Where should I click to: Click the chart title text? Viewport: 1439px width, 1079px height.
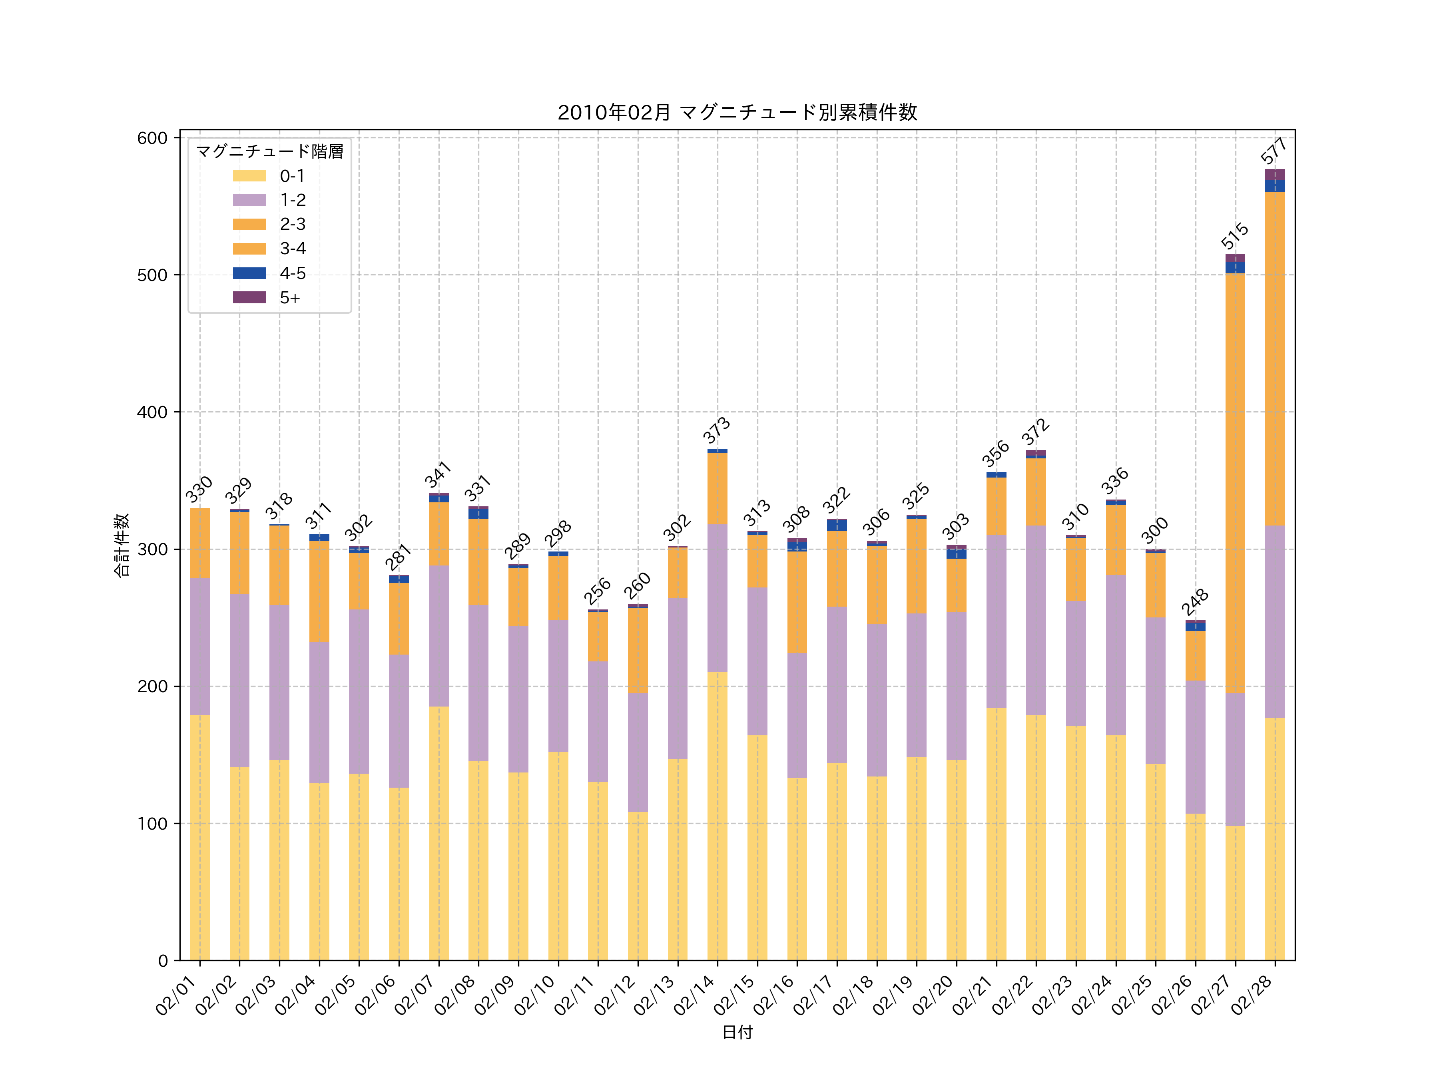coord(737,113)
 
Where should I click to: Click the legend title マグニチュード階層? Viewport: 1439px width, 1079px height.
coord(269,151)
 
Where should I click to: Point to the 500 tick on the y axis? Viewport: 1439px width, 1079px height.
coord(152,275)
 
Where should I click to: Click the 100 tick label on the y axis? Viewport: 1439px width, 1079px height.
coord(152,823)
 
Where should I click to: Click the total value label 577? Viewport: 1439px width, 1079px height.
coord(1274,151)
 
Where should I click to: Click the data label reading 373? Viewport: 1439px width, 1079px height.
coord(716,430)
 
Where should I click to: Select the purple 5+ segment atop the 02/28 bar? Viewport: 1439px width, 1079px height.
coord(1275,174)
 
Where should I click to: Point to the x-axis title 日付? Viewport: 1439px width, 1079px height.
coord(737,1032)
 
